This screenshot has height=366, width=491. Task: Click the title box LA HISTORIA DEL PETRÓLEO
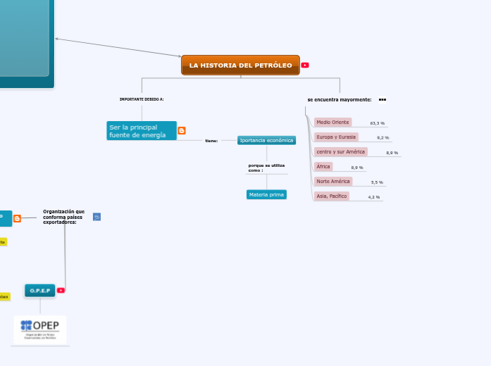[240, 65]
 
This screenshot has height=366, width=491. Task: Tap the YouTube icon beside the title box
[305, 65]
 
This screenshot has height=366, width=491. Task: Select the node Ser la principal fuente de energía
[141, 131]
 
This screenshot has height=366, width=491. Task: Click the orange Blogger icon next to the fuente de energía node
[182, 131]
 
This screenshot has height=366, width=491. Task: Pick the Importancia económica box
[266, 140]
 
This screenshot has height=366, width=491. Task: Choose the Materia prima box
[266, 194]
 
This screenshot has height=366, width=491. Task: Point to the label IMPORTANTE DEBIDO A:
[142, 99]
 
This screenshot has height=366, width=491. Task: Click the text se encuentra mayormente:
[340, 100]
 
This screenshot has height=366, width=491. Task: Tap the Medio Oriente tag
[332, 122]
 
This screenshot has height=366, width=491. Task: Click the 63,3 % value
[378, 123]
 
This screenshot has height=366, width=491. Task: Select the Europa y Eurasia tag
[336, 137]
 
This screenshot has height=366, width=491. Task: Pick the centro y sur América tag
[341, 152]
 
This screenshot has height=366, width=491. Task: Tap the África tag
[323, 167]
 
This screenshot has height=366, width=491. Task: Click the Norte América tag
[333, 182]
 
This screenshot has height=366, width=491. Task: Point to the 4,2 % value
[374, 197]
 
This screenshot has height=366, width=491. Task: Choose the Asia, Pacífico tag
[332, 196]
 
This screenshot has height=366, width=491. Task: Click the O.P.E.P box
[39, 290]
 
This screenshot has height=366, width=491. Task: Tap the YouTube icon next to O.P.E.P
[61, 290]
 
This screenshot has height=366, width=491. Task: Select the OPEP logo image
[40, 329]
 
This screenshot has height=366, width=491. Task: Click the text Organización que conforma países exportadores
[63, 216]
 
